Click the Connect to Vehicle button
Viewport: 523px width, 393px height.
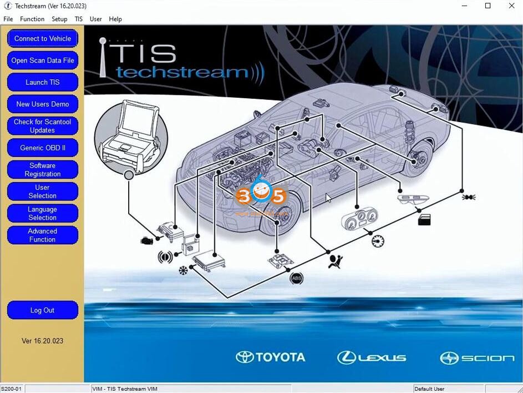tap(43, 38)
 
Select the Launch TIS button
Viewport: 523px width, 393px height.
tap(43, 82)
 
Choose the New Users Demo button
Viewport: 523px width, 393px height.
tap(43, 104)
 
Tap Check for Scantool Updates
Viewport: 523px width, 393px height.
tap(43, 126)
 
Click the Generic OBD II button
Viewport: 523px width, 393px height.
tap(43, 148)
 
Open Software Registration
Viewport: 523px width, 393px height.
tap(43, 170)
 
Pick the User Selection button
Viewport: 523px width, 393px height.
tap(43, 192)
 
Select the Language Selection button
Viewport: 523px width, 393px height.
tap(43, 213)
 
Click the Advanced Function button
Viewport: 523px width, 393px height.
tap(43, 235)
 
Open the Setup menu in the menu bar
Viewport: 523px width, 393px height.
tap(59, 19)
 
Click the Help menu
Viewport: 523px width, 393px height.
tap(115, 19)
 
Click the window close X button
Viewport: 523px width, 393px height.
tap(511, 6)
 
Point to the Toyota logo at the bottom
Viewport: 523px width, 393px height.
tap(271, 357)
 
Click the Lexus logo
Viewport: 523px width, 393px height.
tap(372, 357)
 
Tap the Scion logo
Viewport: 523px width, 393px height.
tap(477, 358)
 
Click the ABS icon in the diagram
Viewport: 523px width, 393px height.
tap(297, 278)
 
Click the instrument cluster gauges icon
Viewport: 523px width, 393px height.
tap(359, 217)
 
